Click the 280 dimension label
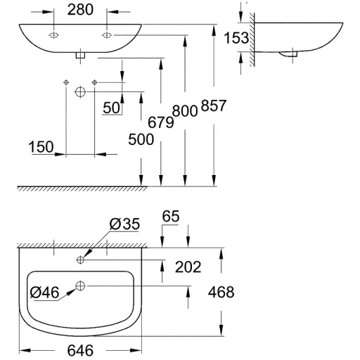(80, 10)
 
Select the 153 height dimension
(236, 38)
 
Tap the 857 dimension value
(214, 105)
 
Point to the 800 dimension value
(185, 111)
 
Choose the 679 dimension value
(161, 122)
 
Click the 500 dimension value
(141, 139)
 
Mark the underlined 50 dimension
(112, 108)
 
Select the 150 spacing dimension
(41, 147)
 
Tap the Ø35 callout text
(124, 224)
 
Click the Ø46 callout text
(44, 292)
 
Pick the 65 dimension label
(171, 216)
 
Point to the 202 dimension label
(188, 266)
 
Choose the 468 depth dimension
(221, 292)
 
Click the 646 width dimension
(80, 350)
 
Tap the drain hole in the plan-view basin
(80, 285)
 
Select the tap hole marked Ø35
(80, 259)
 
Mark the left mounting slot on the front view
(53, 35)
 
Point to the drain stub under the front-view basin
(80, 55)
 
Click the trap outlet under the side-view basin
(288, 54)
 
